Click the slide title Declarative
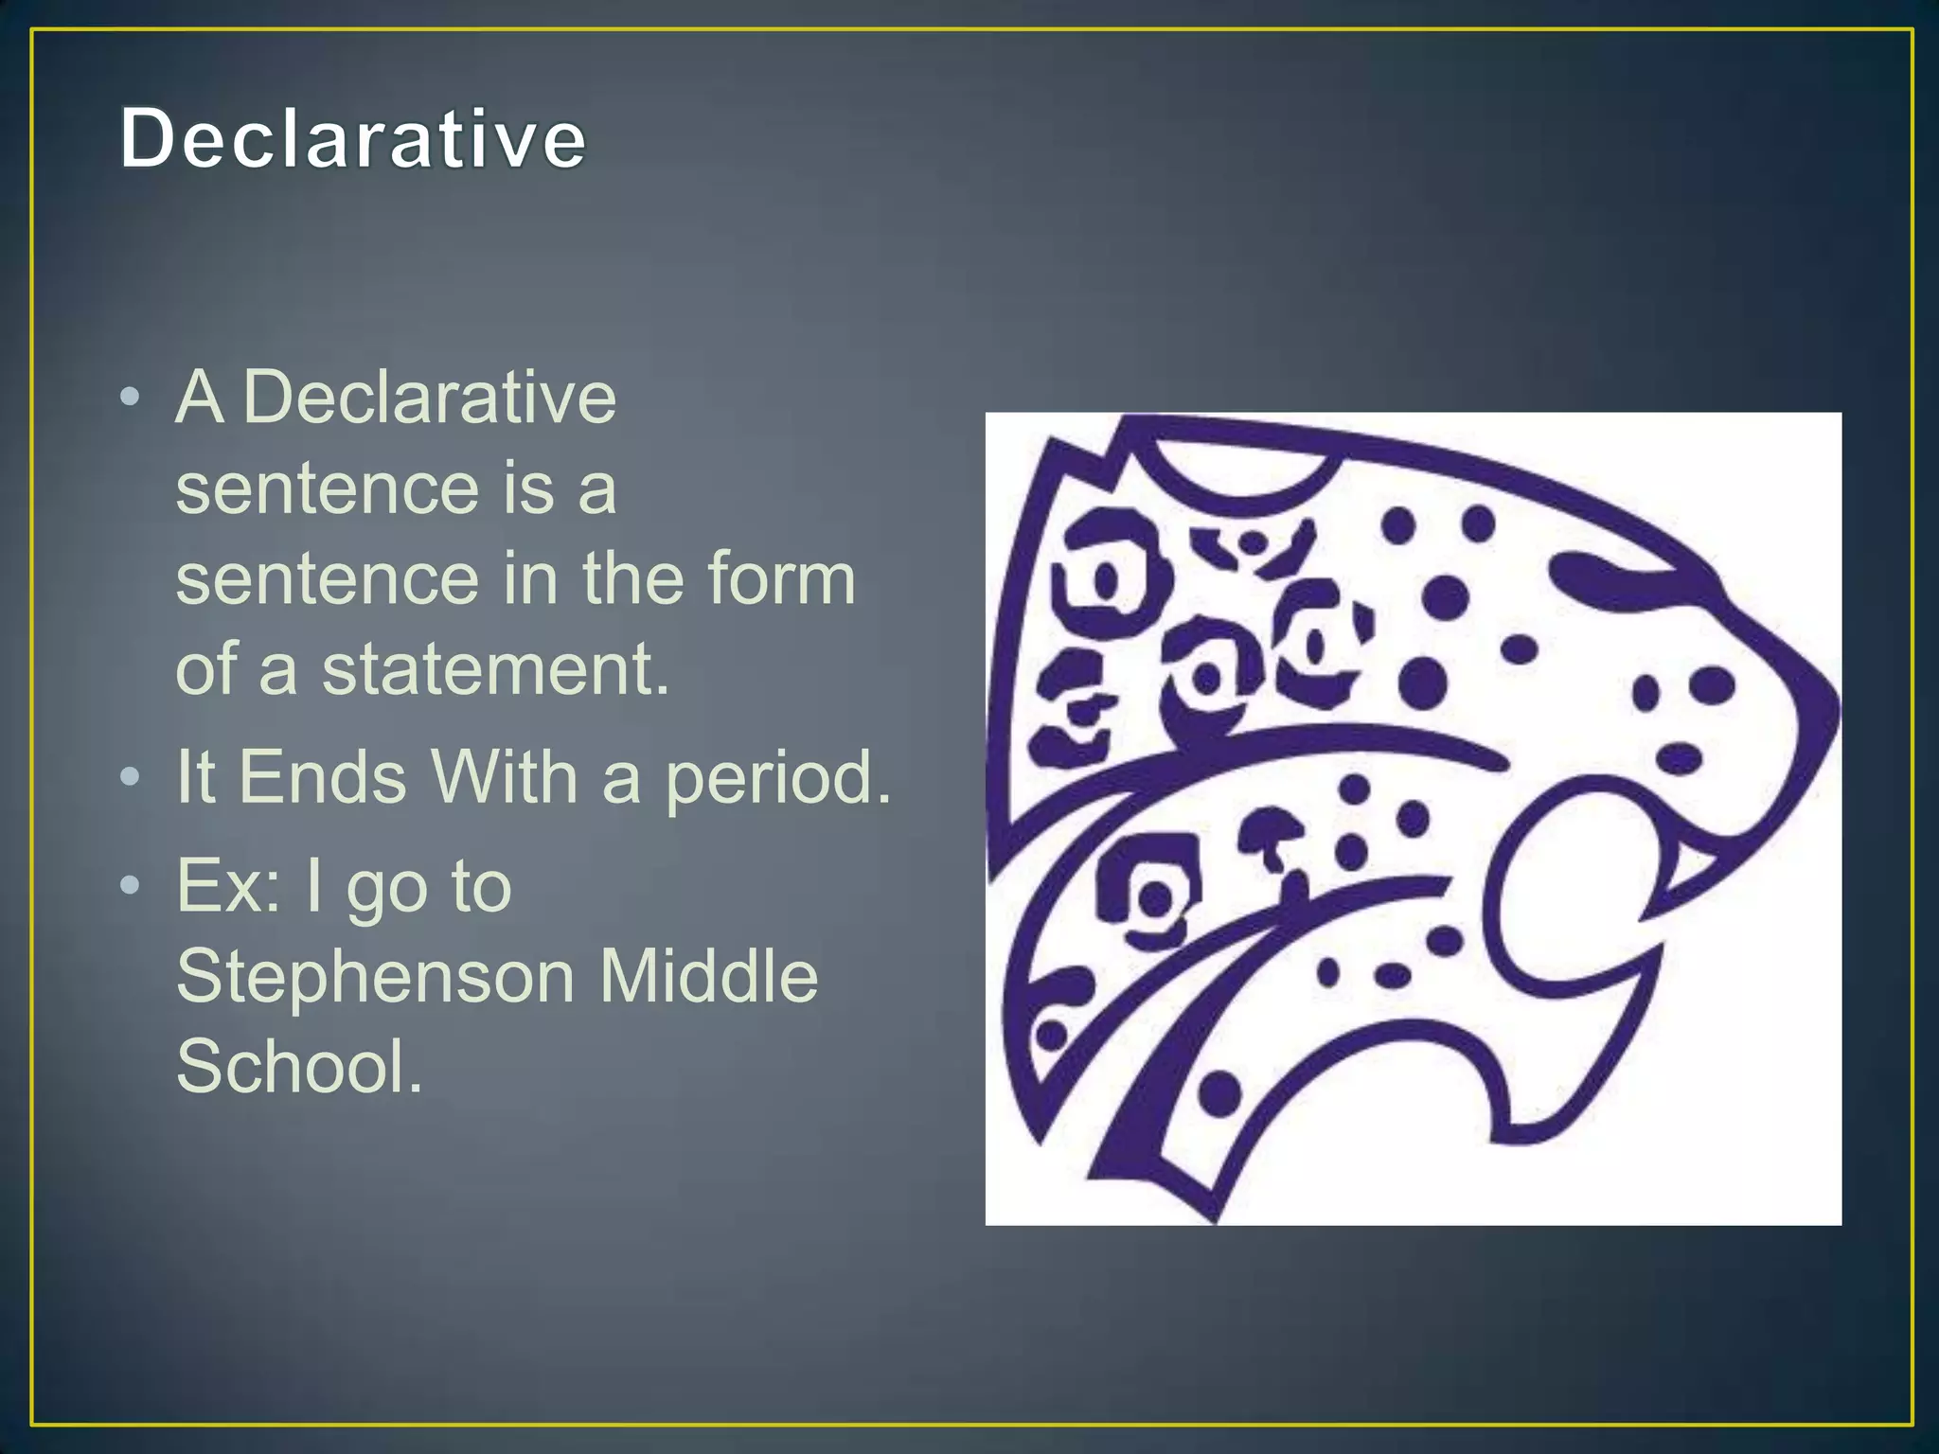coord(352,139)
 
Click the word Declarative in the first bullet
coord(429,398)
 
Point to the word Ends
coord(322,777)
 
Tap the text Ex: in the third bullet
coord(228,886)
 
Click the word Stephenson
coord(375,978)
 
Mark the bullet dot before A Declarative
coord(131,397)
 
